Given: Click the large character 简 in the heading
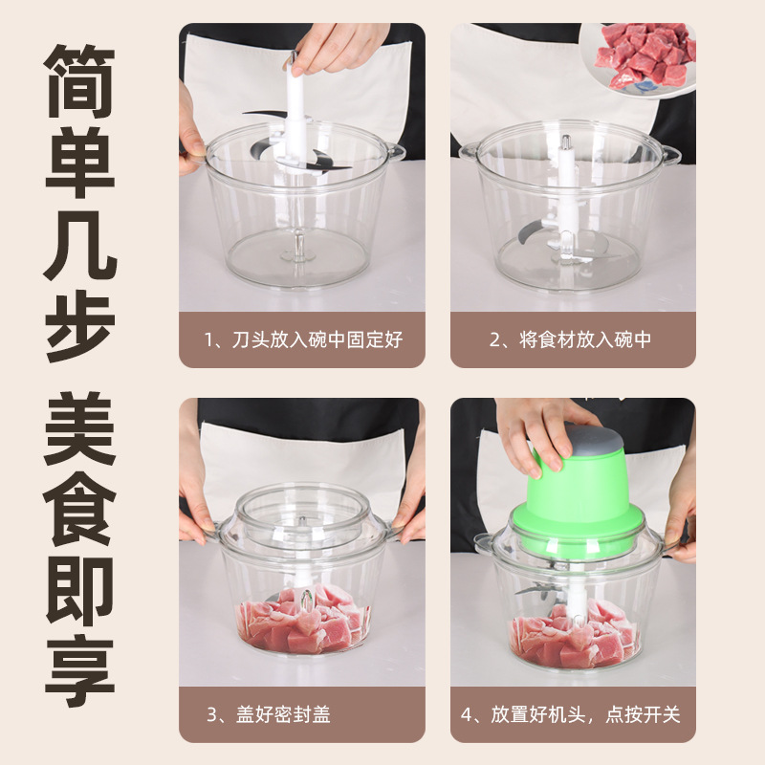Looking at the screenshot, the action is (x=80, y=81).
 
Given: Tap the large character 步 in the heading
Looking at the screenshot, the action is (x=80, y=326).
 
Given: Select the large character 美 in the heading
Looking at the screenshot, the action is (x=80, y=428).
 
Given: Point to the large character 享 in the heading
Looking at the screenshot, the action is (x=80, y=671).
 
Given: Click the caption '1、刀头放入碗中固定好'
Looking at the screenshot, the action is (x=303, y=339).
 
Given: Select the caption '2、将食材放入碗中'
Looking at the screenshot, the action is (x=570, y=339).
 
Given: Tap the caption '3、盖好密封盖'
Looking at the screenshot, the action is (x=269, y=714).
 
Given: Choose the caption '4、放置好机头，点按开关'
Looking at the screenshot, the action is (x=570, y=714).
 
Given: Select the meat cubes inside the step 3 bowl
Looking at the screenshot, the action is (x=303, y=620).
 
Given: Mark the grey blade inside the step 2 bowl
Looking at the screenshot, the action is (x=532, y=231).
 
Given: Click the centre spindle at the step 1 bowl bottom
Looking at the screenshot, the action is (x=299, y=247).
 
